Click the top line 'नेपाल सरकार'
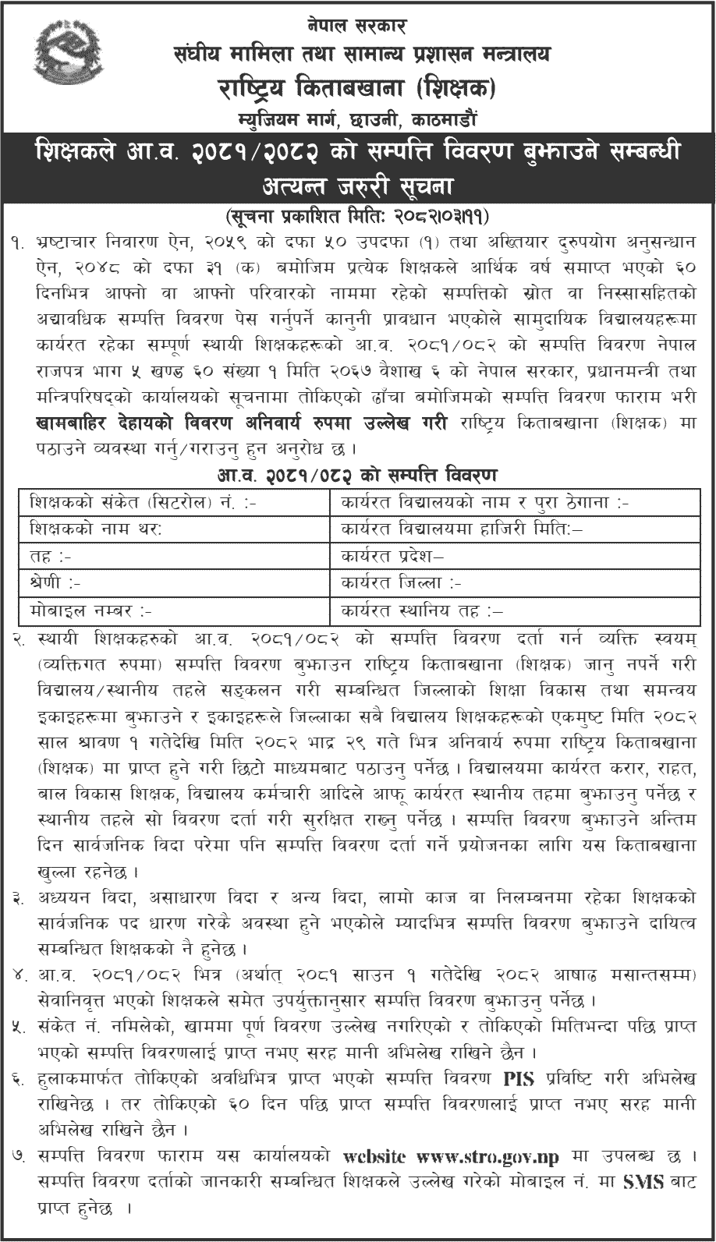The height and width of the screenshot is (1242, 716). [x=358, y=26]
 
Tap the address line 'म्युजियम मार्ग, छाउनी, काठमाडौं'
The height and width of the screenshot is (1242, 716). [x=358, y=121]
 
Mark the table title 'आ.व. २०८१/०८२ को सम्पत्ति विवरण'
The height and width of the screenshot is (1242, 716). [x=358, y=475]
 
